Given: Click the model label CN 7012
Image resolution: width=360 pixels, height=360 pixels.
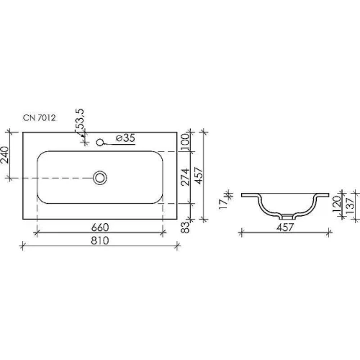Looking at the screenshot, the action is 39,118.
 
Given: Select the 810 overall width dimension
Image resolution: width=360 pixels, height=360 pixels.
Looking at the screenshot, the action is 100,240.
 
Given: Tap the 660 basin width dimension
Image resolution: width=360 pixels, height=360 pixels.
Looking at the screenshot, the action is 100,228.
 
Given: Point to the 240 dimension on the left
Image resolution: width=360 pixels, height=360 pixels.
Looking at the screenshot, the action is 4,155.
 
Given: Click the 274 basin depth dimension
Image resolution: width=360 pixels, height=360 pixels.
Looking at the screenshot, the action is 185,177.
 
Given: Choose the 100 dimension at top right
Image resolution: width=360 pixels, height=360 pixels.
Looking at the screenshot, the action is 185,142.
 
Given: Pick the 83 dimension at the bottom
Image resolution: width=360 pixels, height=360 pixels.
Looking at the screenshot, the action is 185,227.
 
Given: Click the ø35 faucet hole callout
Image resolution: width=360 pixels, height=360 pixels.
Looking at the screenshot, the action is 125,138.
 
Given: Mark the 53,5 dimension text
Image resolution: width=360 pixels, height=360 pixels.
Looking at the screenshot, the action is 80,120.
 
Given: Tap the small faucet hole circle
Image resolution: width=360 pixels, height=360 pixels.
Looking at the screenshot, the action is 99,143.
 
